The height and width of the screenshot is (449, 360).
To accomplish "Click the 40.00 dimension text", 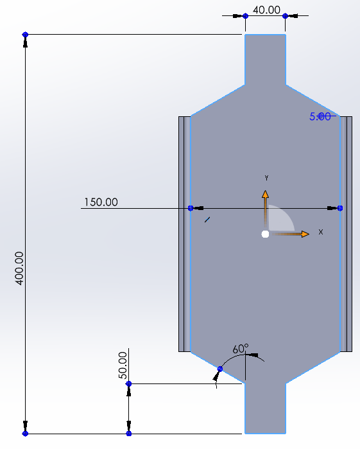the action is (x=266, y=10).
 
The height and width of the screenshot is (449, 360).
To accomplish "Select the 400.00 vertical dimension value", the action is (x=19, y=269).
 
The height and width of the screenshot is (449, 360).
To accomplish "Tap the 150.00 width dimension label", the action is (x=101, y=202).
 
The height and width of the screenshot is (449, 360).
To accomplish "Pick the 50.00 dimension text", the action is (x=123, y=365).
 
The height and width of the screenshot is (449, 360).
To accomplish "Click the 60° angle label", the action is (x=241, y=349).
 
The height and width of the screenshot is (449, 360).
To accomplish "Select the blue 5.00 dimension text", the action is (x=320, y=116).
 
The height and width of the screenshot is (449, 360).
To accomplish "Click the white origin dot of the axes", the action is (x=265, y=234).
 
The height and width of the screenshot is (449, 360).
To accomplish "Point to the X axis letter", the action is (x=321, y=232).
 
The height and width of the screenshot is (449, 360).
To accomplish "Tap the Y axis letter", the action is (x=266, y=178).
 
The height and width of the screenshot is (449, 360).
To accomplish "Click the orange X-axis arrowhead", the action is (x=305, y=234).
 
